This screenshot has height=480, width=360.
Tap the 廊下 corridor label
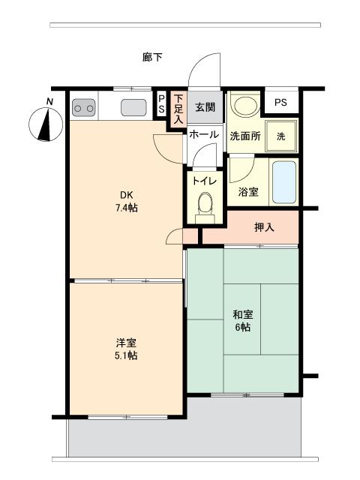(152, 57)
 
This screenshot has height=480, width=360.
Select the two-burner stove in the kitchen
(83, 108)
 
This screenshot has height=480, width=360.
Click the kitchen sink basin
(133, 107)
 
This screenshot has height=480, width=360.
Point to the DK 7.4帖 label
(125, 201)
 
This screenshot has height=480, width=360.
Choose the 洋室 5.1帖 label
(125, 349)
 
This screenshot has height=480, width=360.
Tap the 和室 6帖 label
(241, 321)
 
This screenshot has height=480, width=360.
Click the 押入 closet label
(263, 227)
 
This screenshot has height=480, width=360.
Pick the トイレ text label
(204, 181)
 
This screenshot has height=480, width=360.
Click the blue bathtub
(284, 181)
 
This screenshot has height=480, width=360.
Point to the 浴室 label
(248, 192)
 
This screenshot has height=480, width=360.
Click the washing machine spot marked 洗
(280, 136)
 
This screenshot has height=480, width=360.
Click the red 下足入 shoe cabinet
(178, 109)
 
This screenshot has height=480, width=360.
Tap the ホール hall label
(203, 135)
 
